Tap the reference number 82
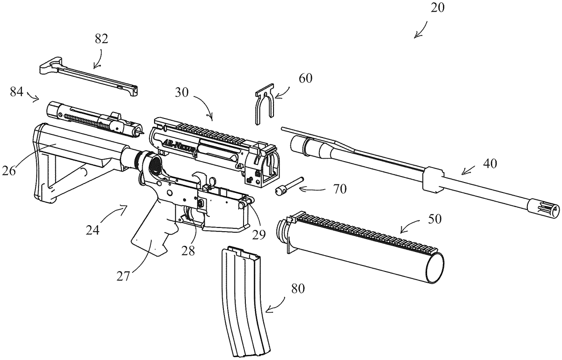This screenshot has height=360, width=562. coord(102,39)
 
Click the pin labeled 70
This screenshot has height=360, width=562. coord(288,186)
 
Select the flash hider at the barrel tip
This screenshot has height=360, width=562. coord(544,206)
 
